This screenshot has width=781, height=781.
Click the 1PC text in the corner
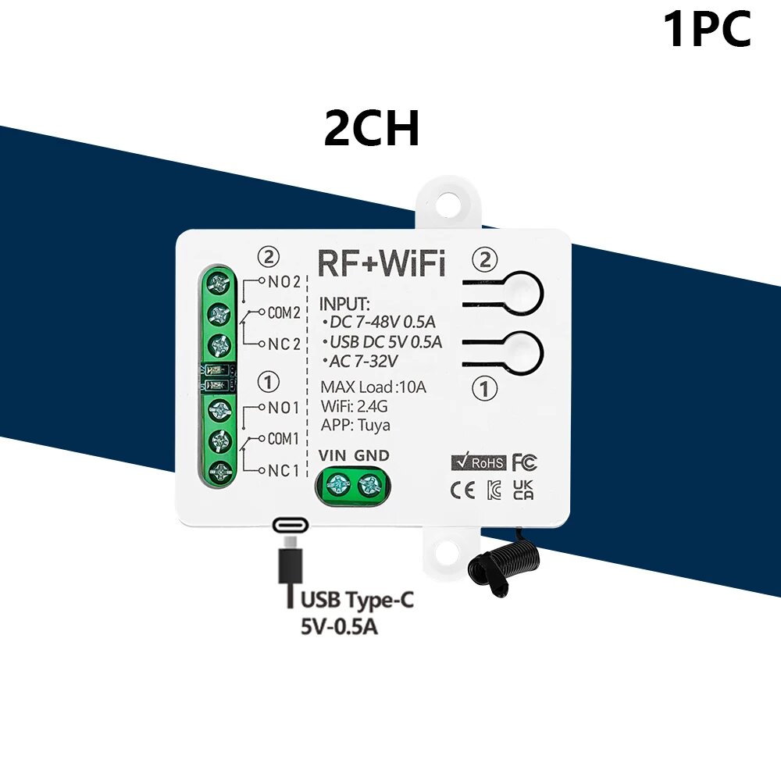pyautogui.click(x=708, y=30)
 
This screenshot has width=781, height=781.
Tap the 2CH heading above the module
pyautogui.click(x=372, y=128)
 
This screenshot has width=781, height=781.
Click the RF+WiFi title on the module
pyautogui.click(x=381, y=263)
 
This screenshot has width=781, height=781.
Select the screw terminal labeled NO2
pyautogui.click(x=219, y=284)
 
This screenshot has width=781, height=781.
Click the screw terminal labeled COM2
pyautogui.click(x=219, y=314)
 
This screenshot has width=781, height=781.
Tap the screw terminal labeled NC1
pyautogui.click(x=219, y=470)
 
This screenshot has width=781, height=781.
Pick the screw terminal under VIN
pyautogui.click(x=337, y=483)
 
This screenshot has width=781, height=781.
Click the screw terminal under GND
pyautogui.click(x=369, y=484)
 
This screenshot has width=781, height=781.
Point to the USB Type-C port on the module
pyautogui.click(x=291, y=525)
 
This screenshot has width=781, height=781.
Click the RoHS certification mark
pyautogui.click(x=478, y=462)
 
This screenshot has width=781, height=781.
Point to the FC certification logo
pyautogui.click(x=525, y=462)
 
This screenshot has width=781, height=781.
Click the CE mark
pyautogui.click(x=462, y=490)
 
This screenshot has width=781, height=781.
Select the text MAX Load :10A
pyautogui.click(x=373, y=387)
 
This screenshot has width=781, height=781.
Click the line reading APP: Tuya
pyautogui.click(x=355, y=426)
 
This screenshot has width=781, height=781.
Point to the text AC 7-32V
pyautogui.click(x=361, y=361)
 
